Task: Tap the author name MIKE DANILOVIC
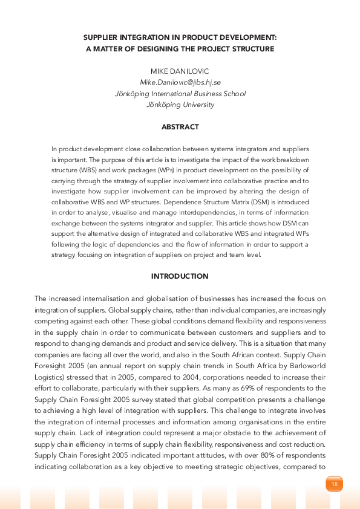tap(180, 71)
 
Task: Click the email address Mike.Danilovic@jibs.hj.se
tap(180, 82)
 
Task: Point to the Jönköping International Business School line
tap(180, 94)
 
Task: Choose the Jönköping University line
tap(180, 105)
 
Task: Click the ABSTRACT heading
tap(180, 128)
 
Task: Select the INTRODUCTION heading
tap(180, 276)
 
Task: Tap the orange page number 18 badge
tap(335, 484)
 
